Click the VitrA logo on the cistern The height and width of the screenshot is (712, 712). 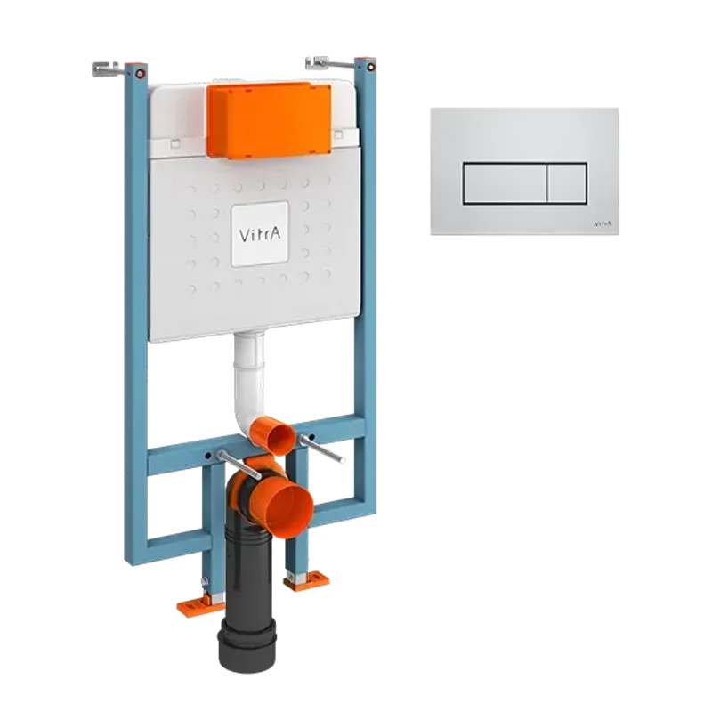coord(260,234)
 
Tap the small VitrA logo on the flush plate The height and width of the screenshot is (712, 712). coord(603,223)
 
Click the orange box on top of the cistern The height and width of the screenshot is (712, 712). coord(270,120)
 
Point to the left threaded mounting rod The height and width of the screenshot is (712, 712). coord(239,465)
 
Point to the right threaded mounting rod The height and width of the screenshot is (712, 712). coord(321,449)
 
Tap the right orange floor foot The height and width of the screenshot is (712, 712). coord(306,582)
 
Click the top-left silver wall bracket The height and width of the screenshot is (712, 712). coord(107,69)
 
